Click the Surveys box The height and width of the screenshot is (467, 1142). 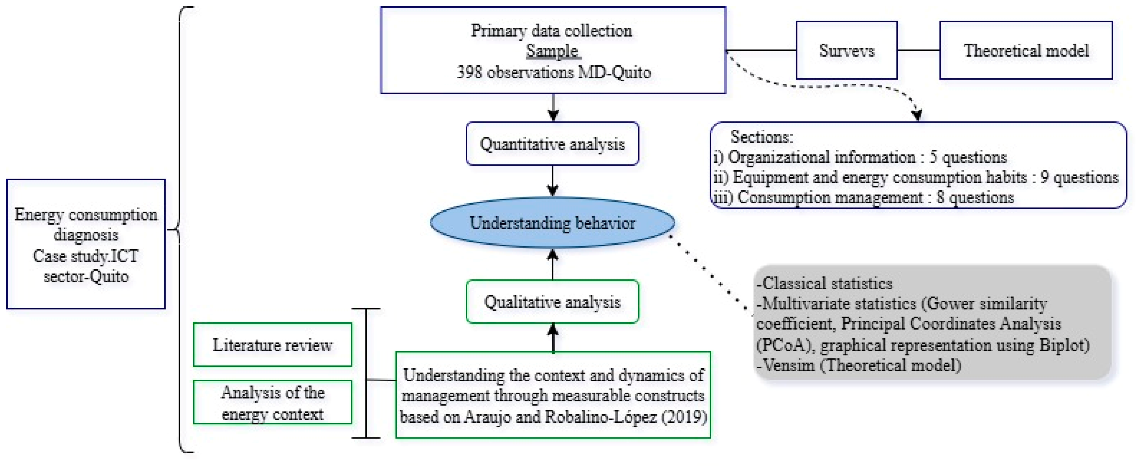pos(846,50)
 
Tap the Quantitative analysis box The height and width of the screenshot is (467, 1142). pos(552,144)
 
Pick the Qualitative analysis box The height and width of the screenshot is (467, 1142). pos(552,302)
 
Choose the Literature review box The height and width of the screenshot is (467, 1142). pos(272,345)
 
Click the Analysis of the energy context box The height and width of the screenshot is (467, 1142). pos(272,402)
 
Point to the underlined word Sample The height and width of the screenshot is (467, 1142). pos(552,51)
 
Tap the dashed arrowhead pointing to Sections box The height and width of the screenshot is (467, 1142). pos(917,115)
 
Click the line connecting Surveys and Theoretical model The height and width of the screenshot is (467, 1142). pos(918,50)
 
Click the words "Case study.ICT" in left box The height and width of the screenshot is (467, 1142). pos(86,256)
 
